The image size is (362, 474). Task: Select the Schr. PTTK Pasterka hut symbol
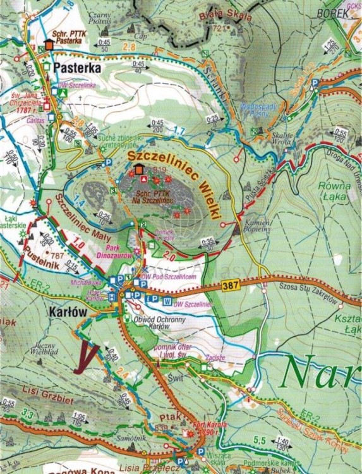(x=50, y=45)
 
